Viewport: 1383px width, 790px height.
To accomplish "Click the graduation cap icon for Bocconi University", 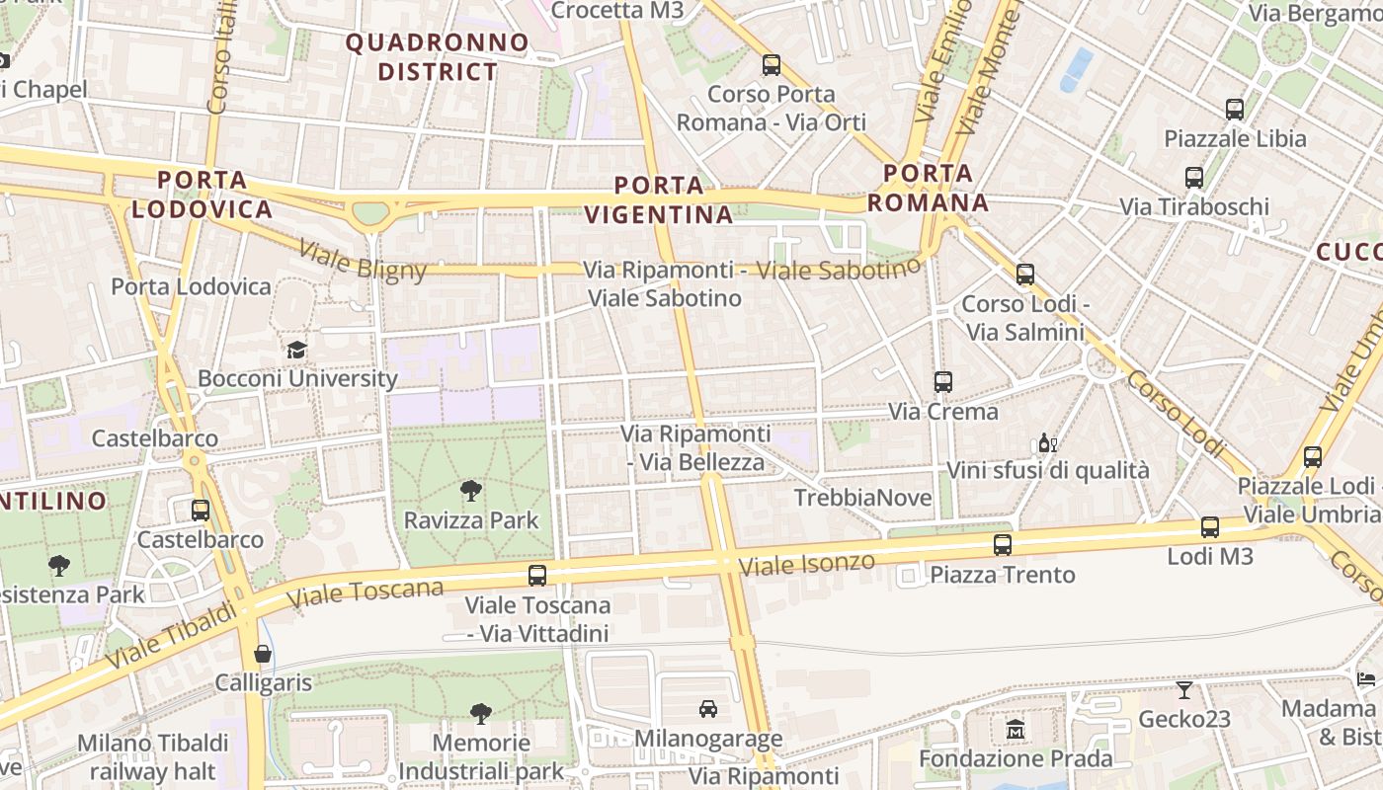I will (x=296, y=350).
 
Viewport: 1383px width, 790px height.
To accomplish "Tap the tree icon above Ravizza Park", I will (x=471, y=491).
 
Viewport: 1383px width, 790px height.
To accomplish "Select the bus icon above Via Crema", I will (x=943, y=382).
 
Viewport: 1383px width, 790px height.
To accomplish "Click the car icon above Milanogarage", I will (x=708, y=708).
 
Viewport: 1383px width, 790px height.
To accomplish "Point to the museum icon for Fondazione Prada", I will (x=1016, y=730).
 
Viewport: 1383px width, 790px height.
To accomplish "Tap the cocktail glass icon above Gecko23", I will (x=1183, y=689).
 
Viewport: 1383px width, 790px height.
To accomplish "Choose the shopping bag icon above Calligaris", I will (x=263, y=654).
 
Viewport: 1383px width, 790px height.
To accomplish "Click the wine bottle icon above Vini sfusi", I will (x=1047, y=443).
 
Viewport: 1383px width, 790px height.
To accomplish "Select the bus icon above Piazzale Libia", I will (x=1234, y=110).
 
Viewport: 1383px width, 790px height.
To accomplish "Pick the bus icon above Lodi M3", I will (x=1210, y=527).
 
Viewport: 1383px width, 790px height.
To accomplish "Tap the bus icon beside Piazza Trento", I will (x=1003, y=544).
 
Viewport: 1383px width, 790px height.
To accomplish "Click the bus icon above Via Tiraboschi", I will (x=1194, y=178).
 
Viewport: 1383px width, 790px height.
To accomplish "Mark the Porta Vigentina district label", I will (x=659, y=199).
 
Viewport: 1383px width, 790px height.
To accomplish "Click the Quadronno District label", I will (x=438, y=56).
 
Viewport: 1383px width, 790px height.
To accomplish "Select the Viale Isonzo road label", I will (x=807, y=564).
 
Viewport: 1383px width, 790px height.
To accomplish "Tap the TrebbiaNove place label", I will (x=863, y=498).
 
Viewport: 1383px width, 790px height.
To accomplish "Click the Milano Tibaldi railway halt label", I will (x=152, y=756).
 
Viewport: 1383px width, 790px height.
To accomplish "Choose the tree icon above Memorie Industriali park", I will (x=481, y=713).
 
